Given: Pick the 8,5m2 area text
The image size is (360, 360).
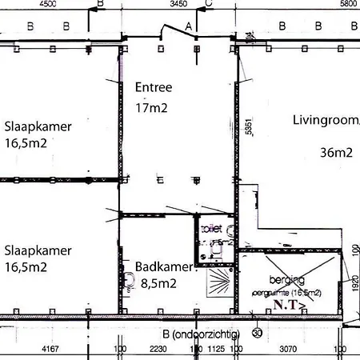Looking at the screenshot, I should (160, 282).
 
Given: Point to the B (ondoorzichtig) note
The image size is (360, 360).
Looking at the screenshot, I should (200, 334).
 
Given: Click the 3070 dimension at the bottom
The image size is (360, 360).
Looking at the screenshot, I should (286, 349).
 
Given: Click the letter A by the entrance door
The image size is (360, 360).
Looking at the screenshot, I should (189, 27).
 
